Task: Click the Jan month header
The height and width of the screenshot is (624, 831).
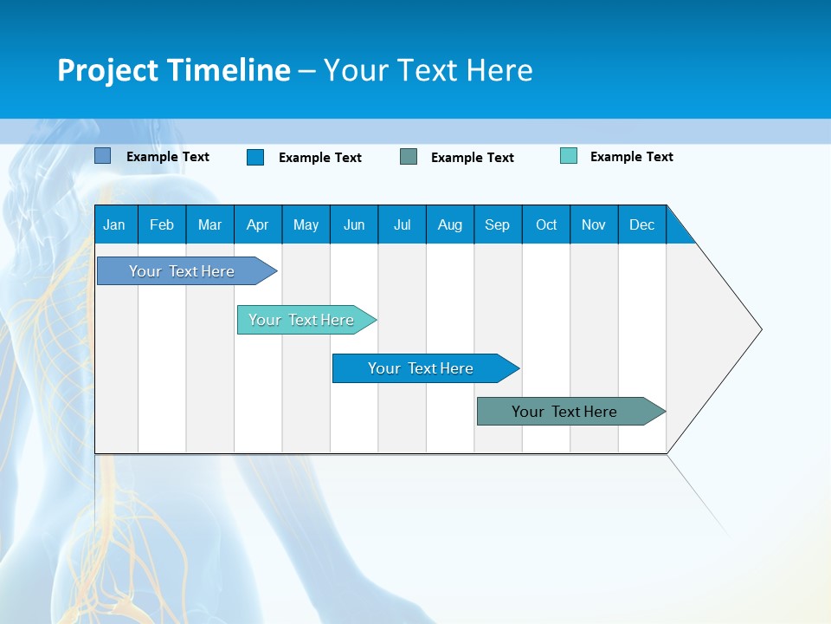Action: pyautogui.click(x=115, y=224)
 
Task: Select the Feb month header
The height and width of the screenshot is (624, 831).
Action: pyautogui.click(x=162, y=224)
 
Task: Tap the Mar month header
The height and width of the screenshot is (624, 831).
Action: pyautogui.click(x=209, y=224)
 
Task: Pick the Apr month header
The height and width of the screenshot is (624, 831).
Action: pyautogui.click(x=258, y=224)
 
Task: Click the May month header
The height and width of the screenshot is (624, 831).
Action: pyautogui.click(x=306, y=224)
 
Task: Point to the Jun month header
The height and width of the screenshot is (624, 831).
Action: pyautogui.click(x=354, y=224)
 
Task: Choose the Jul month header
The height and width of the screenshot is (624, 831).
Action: pyautogui.click(x=402, y=224)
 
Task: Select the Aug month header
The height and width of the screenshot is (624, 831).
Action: pyautogui.click(x=450, y=224)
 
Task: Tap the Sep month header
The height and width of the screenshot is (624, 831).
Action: pyautogui.click(x=498, y=224)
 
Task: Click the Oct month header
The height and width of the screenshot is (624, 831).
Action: pyautogui.click(x=546, y=224)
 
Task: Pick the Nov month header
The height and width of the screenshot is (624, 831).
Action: pyautogui.click(x=594, y=224)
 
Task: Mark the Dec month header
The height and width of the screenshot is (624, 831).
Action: pyautogui.click(x=642, y=224)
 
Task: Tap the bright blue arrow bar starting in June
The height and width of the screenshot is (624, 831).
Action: pyautogui.click(x=422, y=368)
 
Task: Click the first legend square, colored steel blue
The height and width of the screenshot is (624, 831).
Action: pyautogui.click(x=102, y=156)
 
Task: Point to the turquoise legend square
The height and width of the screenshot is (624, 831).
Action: pyautogui.click(x=569, y=156)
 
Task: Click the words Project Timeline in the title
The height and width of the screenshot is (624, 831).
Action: pyautogui.click(x=174, y=70)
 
